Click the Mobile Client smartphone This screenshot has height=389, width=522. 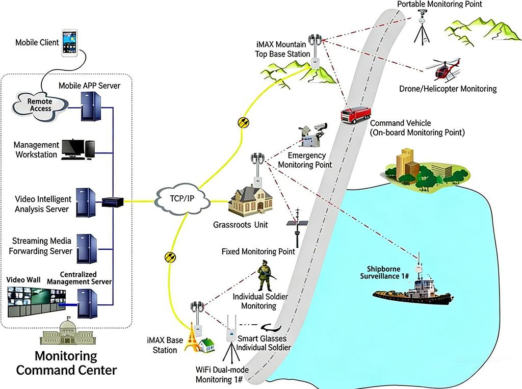tap(70, 42)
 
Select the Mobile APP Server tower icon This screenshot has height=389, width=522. tap(90, 107)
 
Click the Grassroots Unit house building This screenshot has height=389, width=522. tap(248, 202)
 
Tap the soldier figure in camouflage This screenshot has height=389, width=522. tap(264, 276)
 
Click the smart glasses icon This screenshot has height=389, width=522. tap(271, 327)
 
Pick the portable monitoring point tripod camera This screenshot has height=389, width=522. tap(422, 28)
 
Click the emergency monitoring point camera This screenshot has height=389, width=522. tap(312, 135)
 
